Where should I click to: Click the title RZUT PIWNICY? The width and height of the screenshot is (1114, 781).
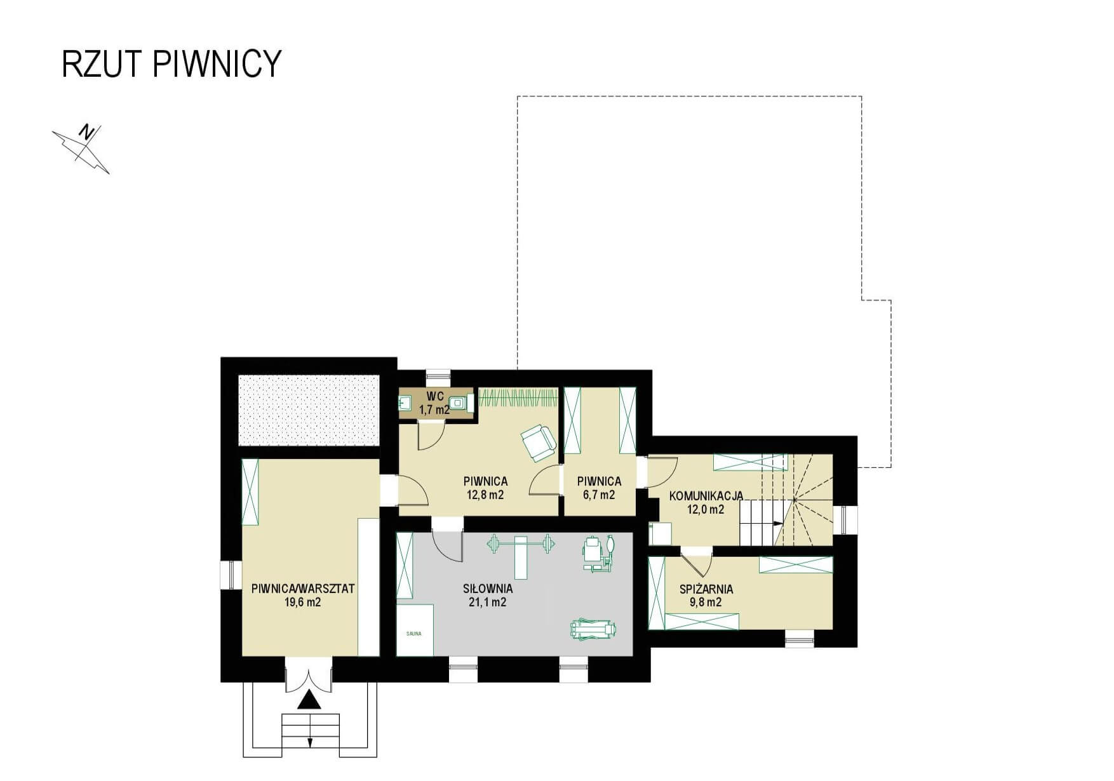pos(171,63)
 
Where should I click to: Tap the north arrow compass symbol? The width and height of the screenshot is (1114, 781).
pos(81,149)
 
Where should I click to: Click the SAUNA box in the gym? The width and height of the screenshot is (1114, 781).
pos(415,630)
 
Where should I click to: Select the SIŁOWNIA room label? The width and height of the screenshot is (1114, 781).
pos(488,589)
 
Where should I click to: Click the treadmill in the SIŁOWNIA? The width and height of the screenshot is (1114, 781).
pos(593,629)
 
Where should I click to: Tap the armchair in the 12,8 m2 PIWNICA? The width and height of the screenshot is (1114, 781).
pos(538,443)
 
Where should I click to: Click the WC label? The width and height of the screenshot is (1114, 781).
pos(434,397)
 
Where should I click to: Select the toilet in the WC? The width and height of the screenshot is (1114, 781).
pos(460,402)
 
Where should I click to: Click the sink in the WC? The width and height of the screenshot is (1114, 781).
pos(405,402)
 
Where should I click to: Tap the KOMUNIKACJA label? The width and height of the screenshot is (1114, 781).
pos(706,497)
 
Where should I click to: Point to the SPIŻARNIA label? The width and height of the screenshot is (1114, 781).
pos(706,589)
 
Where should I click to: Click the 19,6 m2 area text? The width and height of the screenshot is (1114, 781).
pos(303,602)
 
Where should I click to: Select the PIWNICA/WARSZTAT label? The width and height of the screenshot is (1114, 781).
pos(303,589)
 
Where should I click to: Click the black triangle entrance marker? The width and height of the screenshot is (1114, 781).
pos(309,700)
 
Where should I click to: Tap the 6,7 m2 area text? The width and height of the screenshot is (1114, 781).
pos(599,495)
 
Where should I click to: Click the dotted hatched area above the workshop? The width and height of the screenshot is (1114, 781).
pos(309,410)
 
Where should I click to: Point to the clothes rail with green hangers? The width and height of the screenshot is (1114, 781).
pos(518,397)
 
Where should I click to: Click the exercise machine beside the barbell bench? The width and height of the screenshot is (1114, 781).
pos(599,554)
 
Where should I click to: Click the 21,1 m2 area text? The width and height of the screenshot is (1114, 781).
pos(487,602)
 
